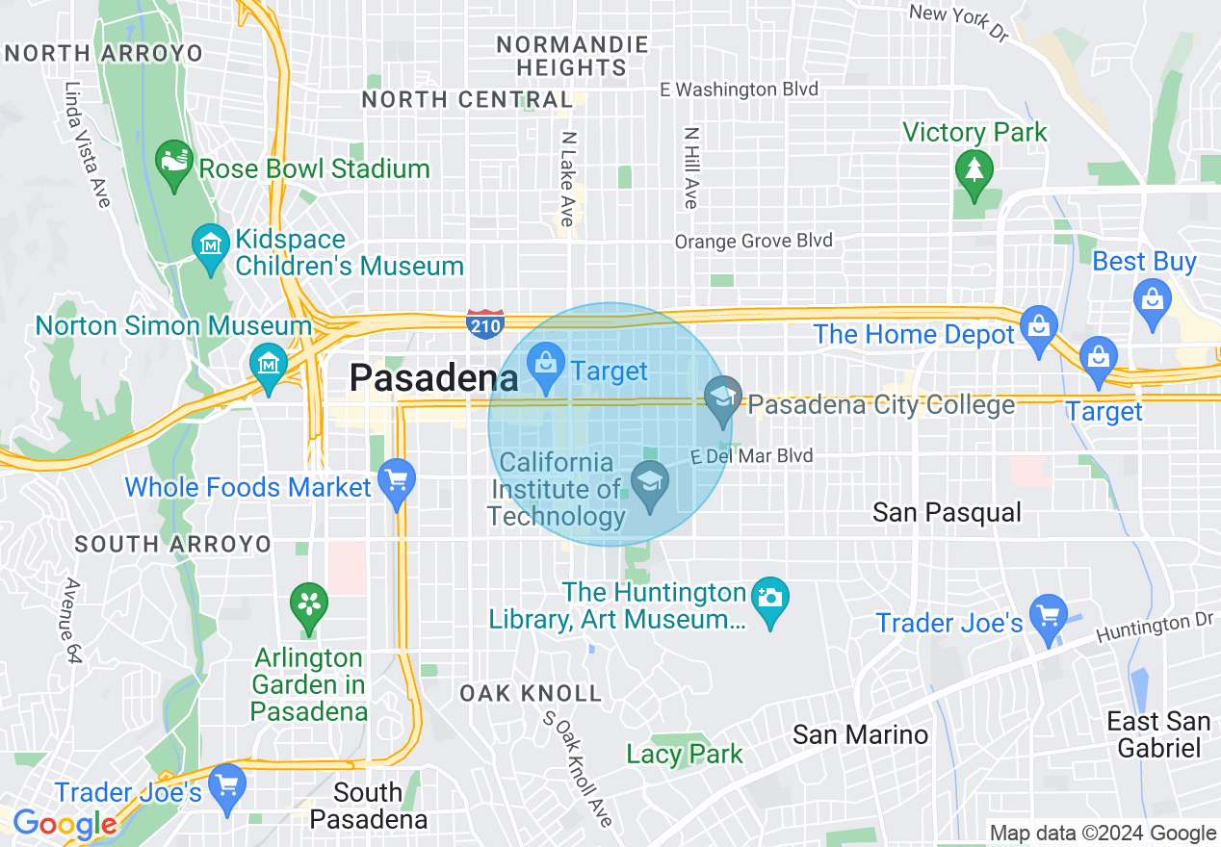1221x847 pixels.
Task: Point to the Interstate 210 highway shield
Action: tap(484, 323)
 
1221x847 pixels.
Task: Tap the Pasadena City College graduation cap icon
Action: tap(722, 400)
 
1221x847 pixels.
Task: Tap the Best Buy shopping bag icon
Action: tap(1152, 299)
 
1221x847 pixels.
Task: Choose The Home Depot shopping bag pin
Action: tap(1039, 328)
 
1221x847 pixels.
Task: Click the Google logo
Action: tap(65, 825)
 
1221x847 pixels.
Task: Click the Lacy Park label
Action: tap(685, 754)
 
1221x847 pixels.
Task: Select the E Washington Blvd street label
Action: tap(739, 90)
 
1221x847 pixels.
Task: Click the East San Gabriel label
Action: tap(1158, 734)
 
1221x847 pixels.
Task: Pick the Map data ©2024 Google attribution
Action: tap(1104, 834)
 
